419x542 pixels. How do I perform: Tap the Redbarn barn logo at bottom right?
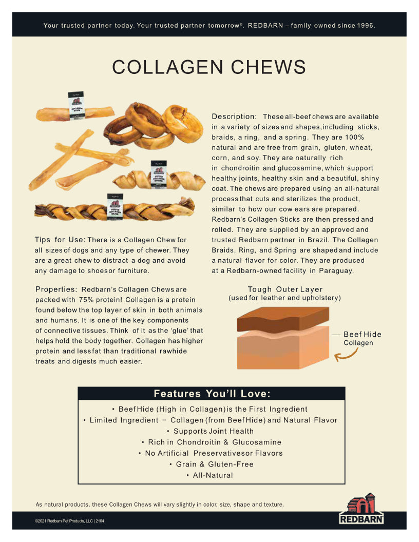tap(361, 508)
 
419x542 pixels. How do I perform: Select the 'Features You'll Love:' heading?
tap(212, 394)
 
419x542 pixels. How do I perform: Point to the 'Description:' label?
tap(234, 117)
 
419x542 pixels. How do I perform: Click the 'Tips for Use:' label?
tap(60, 240)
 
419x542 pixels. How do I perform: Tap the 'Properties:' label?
tap(56, 289)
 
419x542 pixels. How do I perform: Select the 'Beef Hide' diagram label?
tap(363, 334)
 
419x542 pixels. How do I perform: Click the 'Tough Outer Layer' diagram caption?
tap(285, 289)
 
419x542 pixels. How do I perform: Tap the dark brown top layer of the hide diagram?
tap(283, 319)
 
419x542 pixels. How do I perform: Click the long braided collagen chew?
tap(115, 208)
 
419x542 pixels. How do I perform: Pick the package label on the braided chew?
tap(115, 207)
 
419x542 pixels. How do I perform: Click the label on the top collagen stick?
tap(76, 106)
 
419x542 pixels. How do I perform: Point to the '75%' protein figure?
tap(86, 300)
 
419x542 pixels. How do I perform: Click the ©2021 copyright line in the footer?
tap(69, 521)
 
